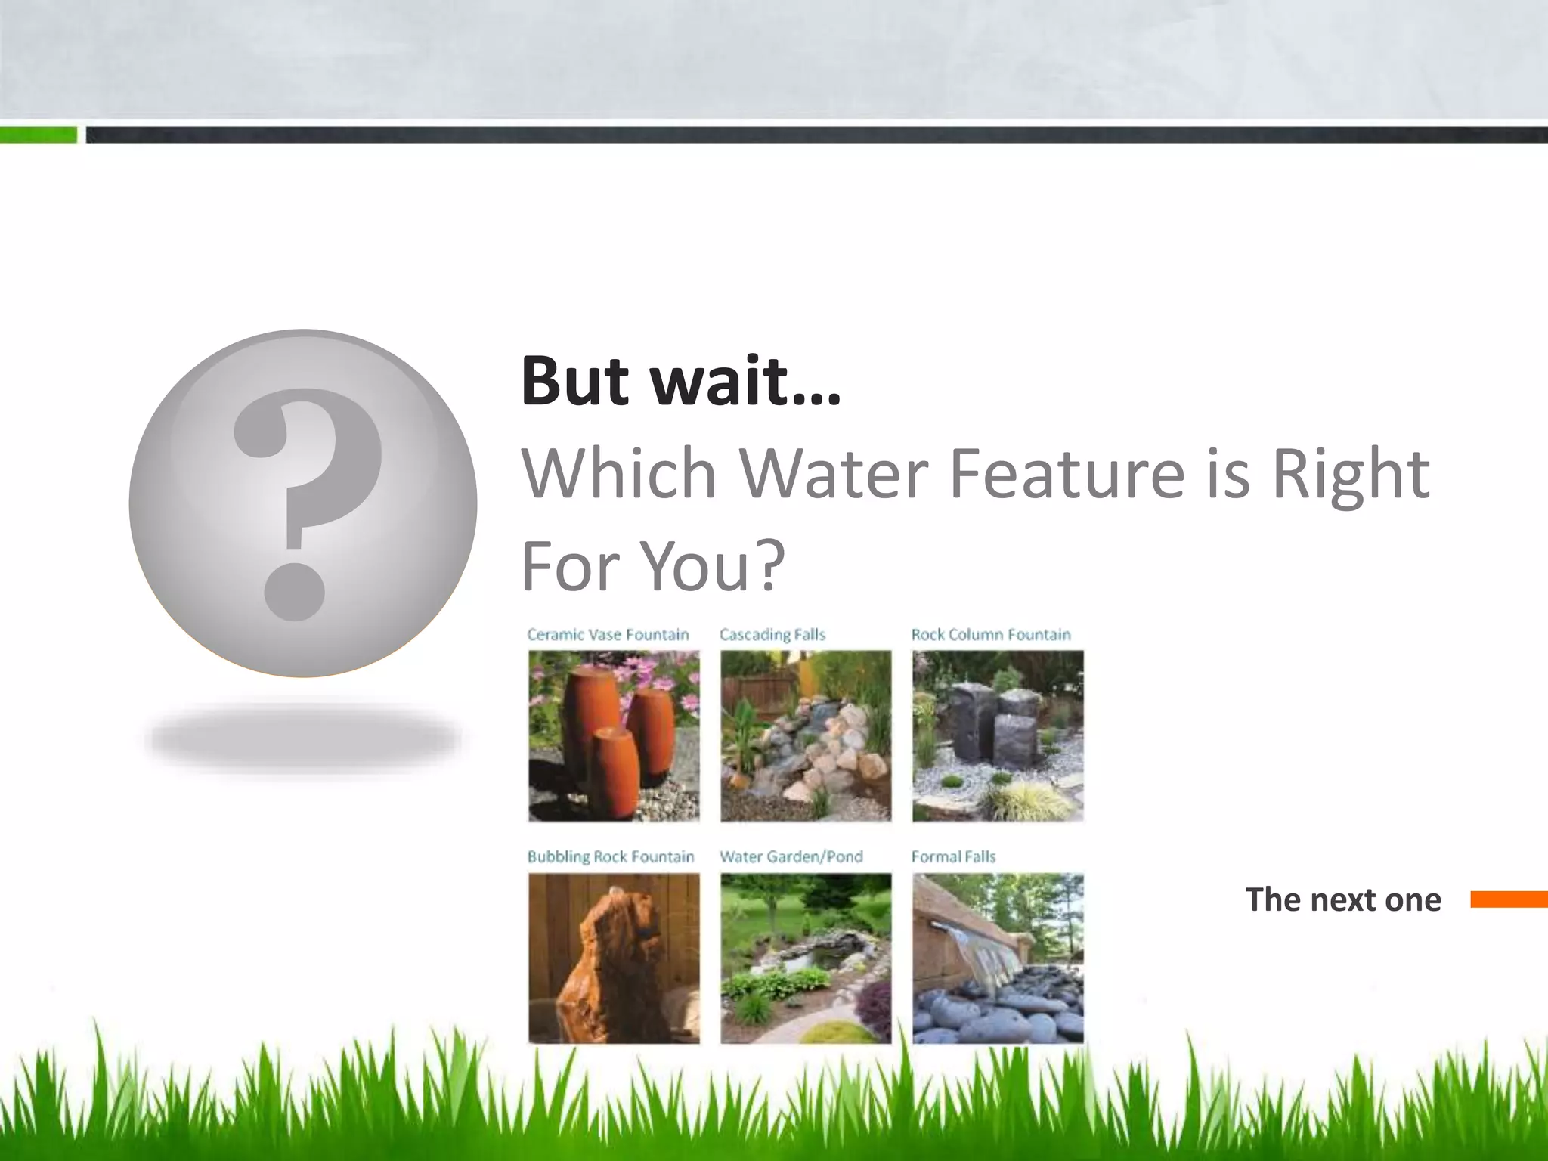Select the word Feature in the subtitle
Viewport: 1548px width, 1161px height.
click(x=1067, y=474)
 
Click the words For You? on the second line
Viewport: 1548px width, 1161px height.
click(x=654, y=566)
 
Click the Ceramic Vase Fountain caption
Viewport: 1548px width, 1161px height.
click(x=608, y=635)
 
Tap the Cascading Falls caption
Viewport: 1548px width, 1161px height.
click(x=772, y=635)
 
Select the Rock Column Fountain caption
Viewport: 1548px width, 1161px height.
click(x=990, y=635)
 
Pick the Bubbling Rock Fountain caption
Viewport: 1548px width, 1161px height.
click(x=610, y=856)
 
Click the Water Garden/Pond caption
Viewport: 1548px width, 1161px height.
click(x=791, y=856)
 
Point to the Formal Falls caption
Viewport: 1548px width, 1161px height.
click(x=952, y=856)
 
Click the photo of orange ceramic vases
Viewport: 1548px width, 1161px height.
click(x=614, y=735)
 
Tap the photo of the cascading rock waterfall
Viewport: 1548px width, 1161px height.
click(x=806, y=735)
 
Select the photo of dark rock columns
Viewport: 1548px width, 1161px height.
click(x=998, y=735)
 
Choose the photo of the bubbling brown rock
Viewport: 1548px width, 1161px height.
click(x=614, y=958)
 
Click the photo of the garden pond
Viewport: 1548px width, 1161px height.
click(x=806, y=958)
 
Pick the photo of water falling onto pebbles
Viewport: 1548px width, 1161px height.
click(x=998, y=958)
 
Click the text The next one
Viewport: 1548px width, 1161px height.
click(x=1343, y=899)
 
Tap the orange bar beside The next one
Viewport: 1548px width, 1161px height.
click(x=1509, y=899)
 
